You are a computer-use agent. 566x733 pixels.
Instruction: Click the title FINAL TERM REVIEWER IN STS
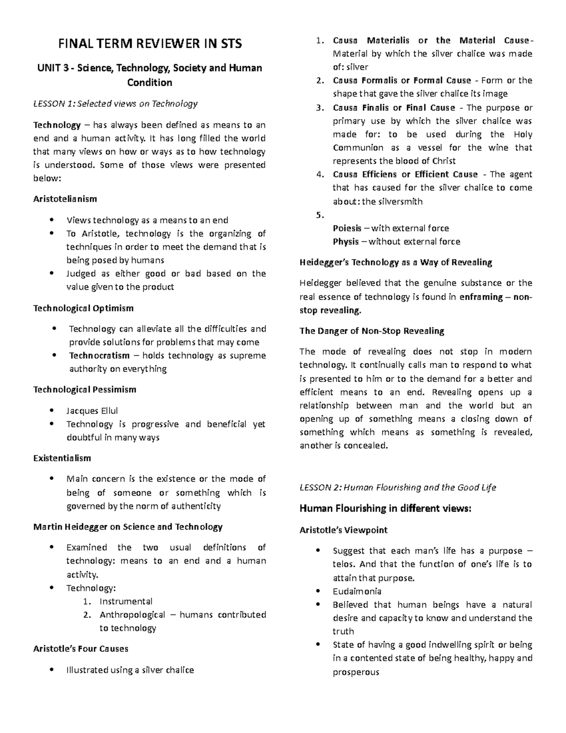click(150, 44)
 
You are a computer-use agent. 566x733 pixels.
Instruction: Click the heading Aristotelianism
click(65, 199)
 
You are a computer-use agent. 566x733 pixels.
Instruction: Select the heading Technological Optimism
click(83, 308)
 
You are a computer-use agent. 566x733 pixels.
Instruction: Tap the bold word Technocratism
click(99, 355)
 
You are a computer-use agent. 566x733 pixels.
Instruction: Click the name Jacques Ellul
click(92, 411)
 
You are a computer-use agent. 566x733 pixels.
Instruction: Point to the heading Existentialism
click(62, 458)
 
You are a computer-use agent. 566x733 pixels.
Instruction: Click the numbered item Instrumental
click(125, 601)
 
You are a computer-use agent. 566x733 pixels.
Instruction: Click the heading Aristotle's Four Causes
click(81, 649)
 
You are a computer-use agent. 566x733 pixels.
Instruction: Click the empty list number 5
click(320, 215)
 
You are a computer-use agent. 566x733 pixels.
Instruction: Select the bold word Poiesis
click(347, 228)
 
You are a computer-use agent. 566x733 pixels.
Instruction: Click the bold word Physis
click(346, 242)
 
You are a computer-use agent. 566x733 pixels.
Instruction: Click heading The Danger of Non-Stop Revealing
click(372, 331)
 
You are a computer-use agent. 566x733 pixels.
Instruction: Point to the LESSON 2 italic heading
click(398, 488)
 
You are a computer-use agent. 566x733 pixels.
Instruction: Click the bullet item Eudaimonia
click(357, 591)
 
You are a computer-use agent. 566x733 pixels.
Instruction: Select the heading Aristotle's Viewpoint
click(343, 530)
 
